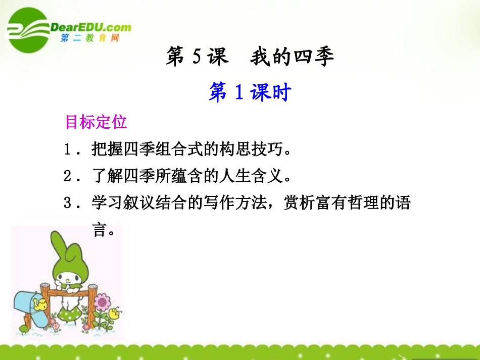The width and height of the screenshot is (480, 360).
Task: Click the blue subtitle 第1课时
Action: tap(250, 93)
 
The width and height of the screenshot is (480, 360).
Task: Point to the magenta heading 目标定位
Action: tap(96, 122)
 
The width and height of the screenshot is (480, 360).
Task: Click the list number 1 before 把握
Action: tap(69, 150)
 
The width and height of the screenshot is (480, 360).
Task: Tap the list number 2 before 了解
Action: tap(69, 177)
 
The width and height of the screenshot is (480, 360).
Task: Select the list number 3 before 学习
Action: tap(69, 203)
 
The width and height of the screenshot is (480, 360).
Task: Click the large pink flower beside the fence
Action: tap(103, 303)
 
